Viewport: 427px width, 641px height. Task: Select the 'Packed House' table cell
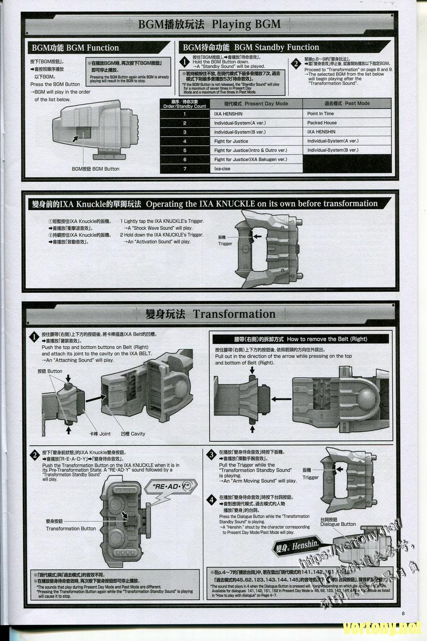tap(322, 123)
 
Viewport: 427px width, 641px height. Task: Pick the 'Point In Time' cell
tap(320, 114)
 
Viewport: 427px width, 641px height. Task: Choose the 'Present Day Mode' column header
tap(256, 104)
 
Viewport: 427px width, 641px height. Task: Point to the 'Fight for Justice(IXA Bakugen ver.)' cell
tap(250, 160)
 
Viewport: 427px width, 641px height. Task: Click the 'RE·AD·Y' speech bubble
tap(171, 487)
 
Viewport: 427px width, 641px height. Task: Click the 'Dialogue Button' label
tap(338, 522)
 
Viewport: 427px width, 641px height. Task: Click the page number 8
tap(404, 613)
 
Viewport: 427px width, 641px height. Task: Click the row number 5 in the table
tap(185, 151)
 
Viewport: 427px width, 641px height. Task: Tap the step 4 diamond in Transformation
tap(211, 500)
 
